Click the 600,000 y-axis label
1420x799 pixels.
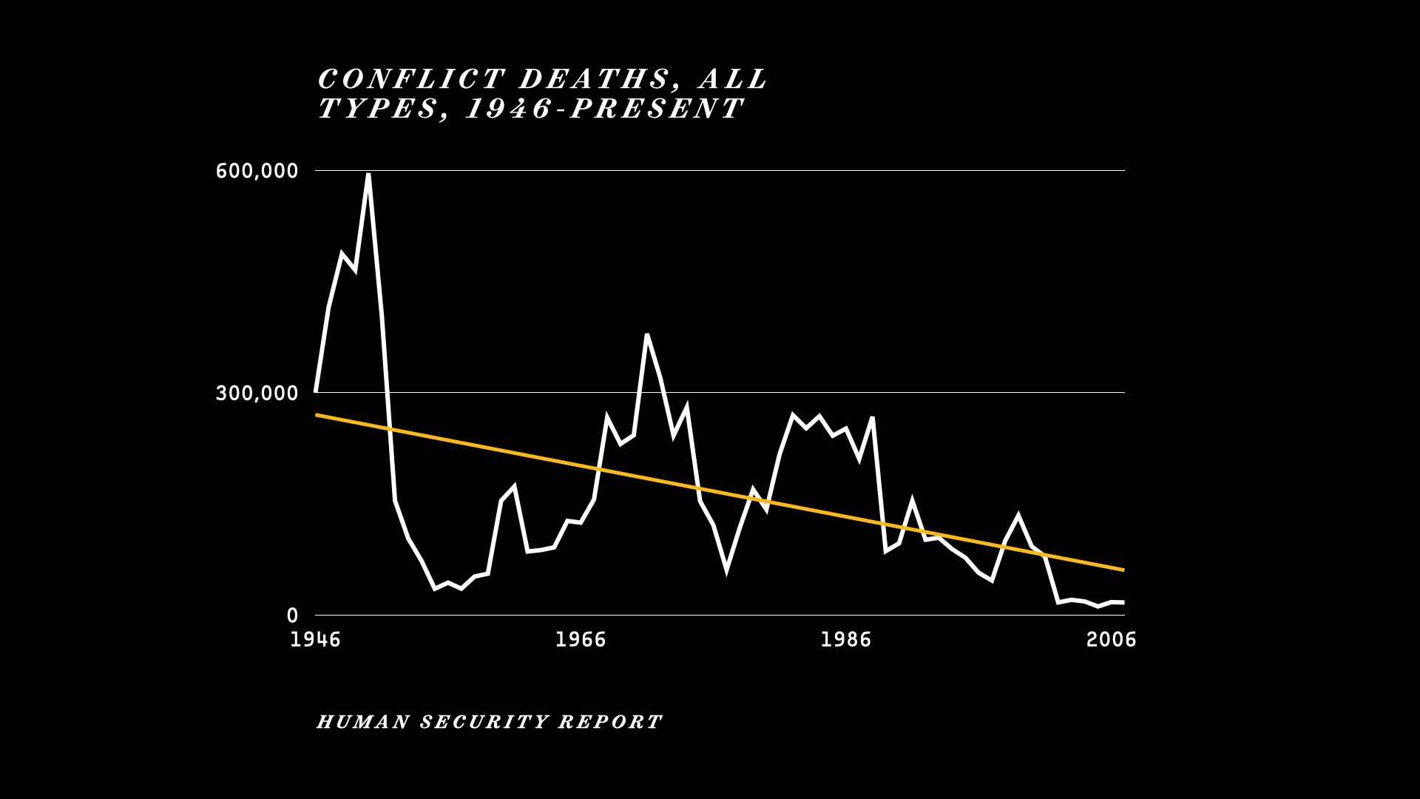point(257,171)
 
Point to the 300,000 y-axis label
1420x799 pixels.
point(257,393)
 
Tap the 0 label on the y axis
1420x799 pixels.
point(292,616)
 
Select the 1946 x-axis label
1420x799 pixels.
point(315,640)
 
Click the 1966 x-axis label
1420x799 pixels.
point(581,640)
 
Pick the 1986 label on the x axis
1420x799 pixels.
point(846,640)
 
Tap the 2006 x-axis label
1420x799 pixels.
point(1111,640)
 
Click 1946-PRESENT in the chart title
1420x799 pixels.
point(604,109)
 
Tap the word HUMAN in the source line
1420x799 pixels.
point(362,722)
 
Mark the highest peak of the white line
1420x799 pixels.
point(368,175)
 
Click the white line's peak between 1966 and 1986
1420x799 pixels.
point(647,335)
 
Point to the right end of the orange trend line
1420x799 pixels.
point(1123,570)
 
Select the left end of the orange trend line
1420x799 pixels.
point(317,415)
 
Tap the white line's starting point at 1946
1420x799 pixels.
point(317,391)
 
